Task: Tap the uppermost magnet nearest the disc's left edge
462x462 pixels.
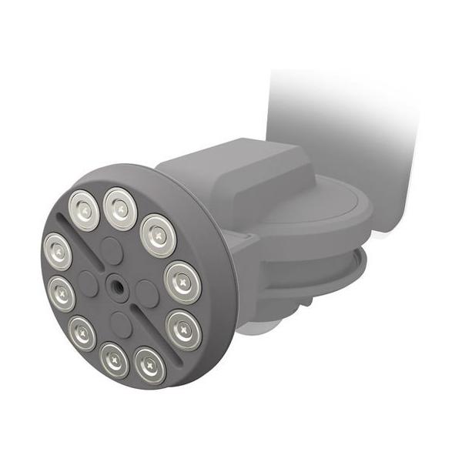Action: click(82, 206)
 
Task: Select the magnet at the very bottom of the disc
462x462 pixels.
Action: click(149, 365)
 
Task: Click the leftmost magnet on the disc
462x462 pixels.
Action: click(57, 251)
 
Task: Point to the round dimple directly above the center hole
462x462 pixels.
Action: click(112, 249)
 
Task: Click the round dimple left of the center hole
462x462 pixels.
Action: click(88, 284)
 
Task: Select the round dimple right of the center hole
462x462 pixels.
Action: click(147, 292)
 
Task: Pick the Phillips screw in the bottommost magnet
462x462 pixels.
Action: click(149, 365)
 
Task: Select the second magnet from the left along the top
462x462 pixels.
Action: click(120, 208)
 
